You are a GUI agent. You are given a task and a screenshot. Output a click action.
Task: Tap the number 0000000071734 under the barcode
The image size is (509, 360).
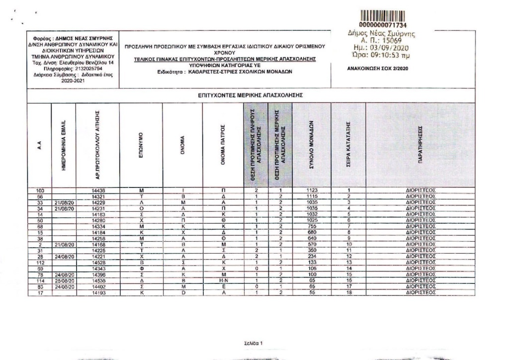coord(382,24)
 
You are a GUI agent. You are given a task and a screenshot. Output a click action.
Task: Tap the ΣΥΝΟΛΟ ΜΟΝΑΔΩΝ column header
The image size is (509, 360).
coord(311,144)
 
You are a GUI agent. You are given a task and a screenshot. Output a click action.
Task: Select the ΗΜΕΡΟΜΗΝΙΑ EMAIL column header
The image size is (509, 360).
coord(63,144)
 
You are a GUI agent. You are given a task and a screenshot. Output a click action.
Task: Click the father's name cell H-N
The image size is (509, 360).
coord(223,281)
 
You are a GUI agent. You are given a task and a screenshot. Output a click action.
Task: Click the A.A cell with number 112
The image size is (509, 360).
coord(40,263)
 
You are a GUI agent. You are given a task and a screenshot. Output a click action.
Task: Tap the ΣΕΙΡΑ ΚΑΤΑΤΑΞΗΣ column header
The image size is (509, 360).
coord(349,144)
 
